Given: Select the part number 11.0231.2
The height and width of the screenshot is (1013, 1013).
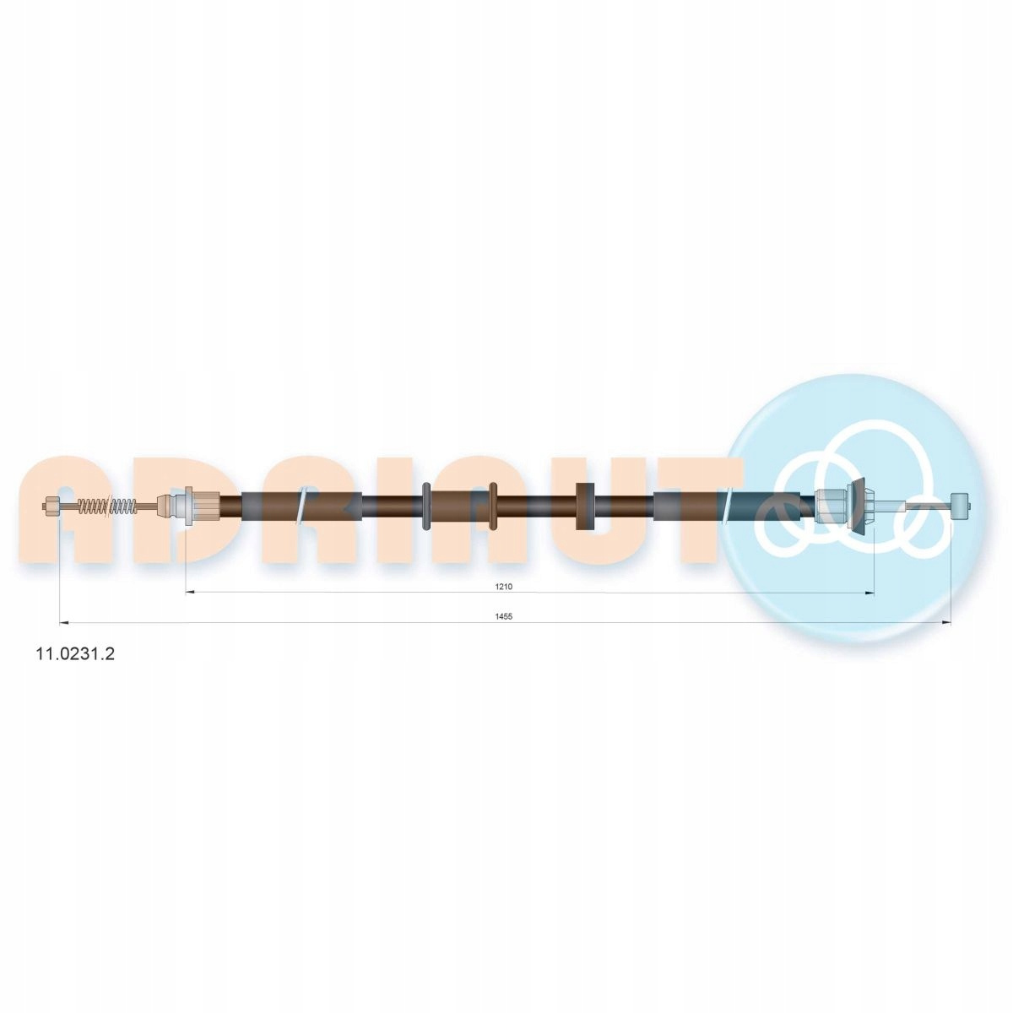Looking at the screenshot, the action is click(x=74, y=653).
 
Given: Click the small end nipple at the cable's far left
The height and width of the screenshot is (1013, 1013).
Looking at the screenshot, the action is click(x=51, y=506).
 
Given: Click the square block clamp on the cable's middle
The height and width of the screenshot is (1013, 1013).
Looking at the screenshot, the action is click(x=585, y=506).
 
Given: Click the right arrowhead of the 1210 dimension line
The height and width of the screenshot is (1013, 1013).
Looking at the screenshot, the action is click(x=870, y=593).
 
